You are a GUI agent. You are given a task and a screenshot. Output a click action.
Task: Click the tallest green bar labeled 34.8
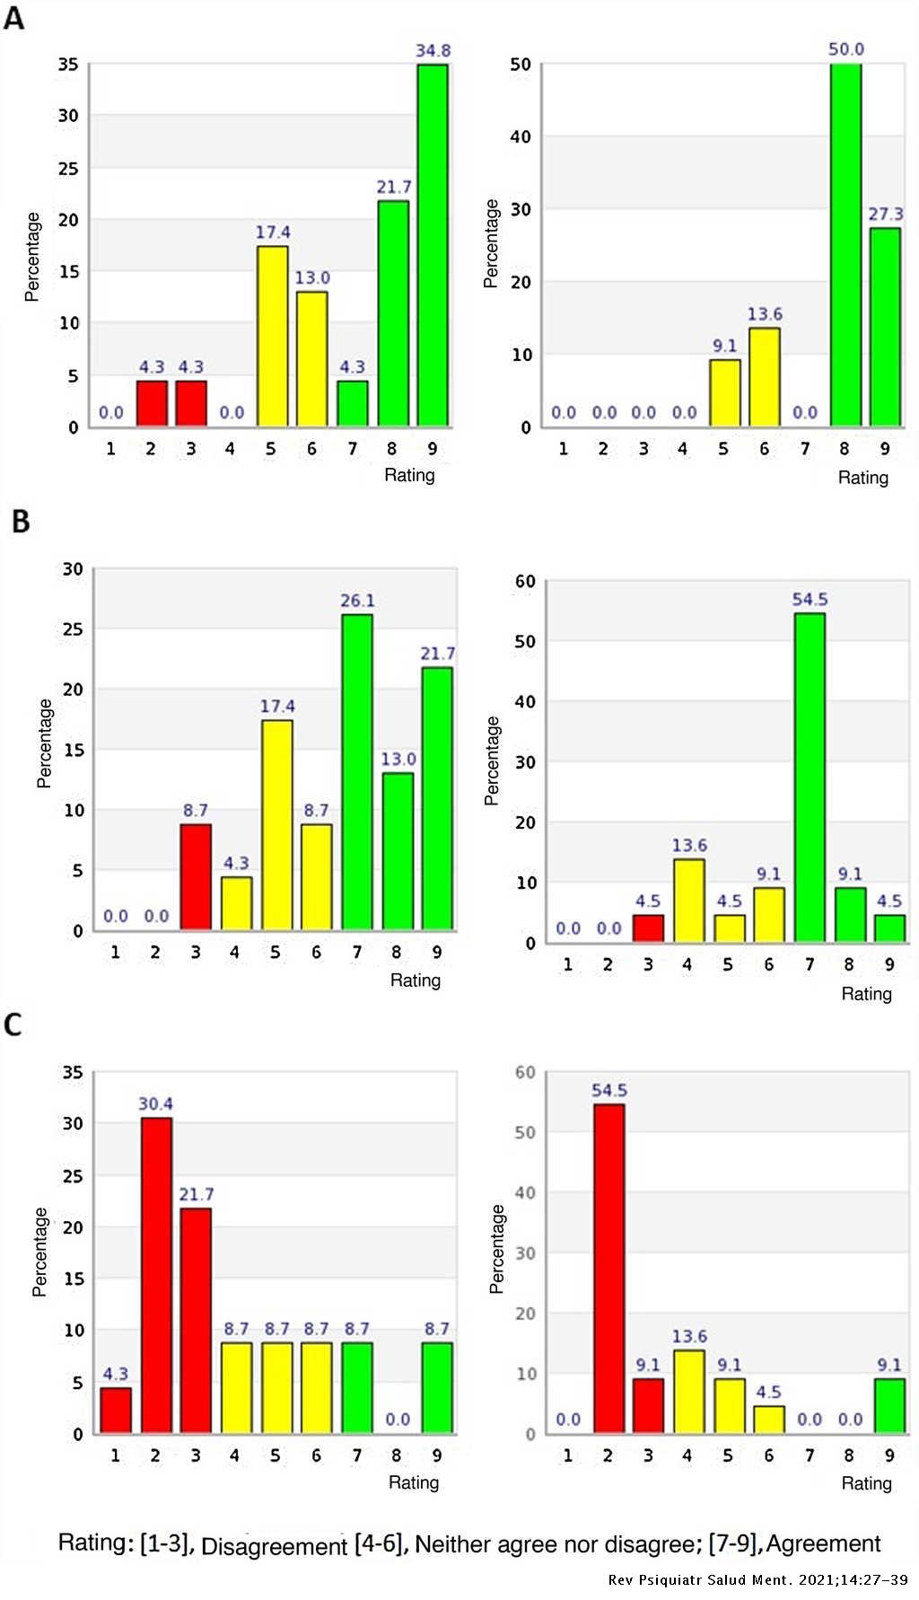point(432,244)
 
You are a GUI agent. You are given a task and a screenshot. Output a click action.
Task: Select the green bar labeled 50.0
point(845,244)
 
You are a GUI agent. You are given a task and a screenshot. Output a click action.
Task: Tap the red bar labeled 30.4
point(156,1275)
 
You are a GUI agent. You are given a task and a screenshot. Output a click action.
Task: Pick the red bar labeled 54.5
point(609,1268)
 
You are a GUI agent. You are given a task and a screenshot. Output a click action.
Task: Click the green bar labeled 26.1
point(356,772)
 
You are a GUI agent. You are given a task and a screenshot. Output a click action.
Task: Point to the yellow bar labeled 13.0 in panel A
point(311,359)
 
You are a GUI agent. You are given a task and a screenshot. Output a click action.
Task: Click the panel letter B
point(21,522)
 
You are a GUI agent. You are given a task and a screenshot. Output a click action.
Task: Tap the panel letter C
point(13,1024)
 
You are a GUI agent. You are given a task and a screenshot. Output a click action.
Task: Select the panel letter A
point(13,18)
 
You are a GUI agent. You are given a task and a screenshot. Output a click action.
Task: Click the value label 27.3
point(885,214)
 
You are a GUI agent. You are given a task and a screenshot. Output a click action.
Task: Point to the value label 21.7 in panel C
point(196,1194)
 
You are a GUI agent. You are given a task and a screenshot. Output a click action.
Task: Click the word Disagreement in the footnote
point(274,1546)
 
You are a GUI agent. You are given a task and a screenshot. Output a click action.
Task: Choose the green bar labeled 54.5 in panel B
point(810,778)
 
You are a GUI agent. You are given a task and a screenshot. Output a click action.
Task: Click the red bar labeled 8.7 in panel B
point(196,876)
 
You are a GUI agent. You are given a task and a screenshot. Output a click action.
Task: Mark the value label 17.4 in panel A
point(273,233)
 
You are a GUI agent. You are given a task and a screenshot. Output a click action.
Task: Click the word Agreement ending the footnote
point(823,1543)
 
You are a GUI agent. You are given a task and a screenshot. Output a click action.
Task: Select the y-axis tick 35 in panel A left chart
point(68,65)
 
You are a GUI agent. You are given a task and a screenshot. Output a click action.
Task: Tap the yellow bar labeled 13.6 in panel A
point(765,377)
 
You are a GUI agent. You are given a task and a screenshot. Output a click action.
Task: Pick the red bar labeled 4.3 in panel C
point(116,1410)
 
